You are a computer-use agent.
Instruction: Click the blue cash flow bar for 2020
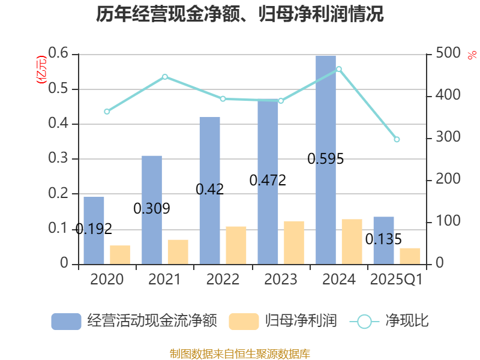point(94,230)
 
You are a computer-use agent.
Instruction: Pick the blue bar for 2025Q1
point(383,240)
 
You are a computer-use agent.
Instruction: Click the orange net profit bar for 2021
point(178,251)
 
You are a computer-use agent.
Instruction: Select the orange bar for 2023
point(294,242)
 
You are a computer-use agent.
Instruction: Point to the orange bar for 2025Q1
point(410,256)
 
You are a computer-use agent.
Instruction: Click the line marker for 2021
point(165,77)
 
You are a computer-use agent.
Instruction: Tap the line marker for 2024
point(339,69)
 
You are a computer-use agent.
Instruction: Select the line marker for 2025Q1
point(397,139)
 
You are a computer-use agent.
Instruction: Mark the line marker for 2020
point(107,112)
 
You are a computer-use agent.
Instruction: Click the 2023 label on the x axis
point(280,280)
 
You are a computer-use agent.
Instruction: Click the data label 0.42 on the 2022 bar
point(210,189)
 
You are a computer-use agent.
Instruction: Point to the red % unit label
point(472,55)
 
